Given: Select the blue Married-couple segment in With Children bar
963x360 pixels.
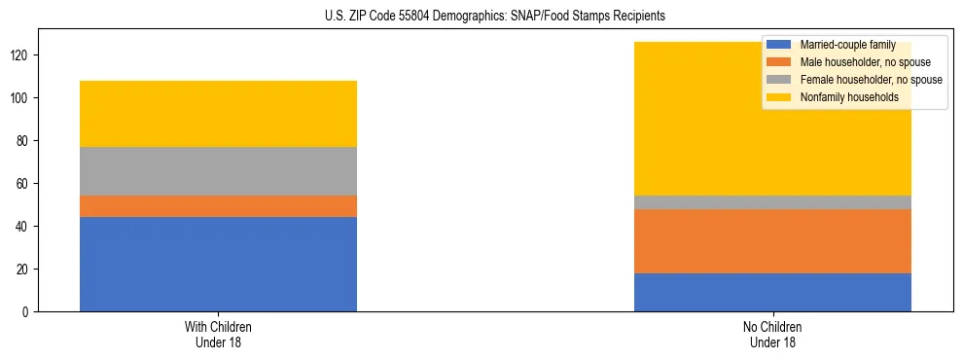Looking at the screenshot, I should tap(218, 264).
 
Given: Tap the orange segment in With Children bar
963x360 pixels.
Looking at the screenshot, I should tap(218, 206).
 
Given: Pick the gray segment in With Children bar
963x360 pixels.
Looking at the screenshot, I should tap(218, 171).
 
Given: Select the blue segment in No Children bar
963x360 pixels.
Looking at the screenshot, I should tap(772, 292).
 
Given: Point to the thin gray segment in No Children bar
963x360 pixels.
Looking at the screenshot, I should tap(772, 202).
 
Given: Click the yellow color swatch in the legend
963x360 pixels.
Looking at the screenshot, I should tap(779, 97).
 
